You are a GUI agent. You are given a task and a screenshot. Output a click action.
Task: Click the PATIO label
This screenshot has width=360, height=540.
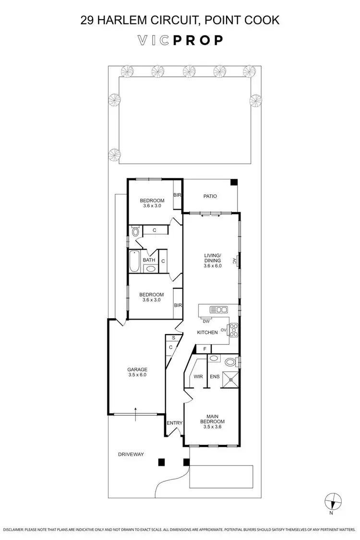click(x=210, y=196)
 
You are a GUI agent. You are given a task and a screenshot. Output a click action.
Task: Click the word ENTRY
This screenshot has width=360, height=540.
click(x=174, y=423)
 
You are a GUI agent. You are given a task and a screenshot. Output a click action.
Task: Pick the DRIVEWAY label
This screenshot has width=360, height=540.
click(x=131, y=454)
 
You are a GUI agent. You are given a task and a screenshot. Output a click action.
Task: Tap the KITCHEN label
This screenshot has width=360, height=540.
click(x=207, y=332)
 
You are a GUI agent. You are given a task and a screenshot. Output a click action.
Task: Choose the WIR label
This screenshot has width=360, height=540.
click(x=198, y=377)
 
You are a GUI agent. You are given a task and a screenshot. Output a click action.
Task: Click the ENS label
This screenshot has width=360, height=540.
click(x=215, y=377)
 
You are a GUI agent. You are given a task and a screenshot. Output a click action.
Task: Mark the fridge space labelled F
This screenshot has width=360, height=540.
click(x=204, y=348)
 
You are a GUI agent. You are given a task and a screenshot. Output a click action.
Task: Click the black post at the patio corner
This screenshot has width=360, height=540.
click(x=233, y=182)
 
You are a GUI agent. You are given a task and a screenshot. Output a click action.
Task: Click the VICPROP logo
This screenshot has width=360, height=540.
click(x=180, y=41)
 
